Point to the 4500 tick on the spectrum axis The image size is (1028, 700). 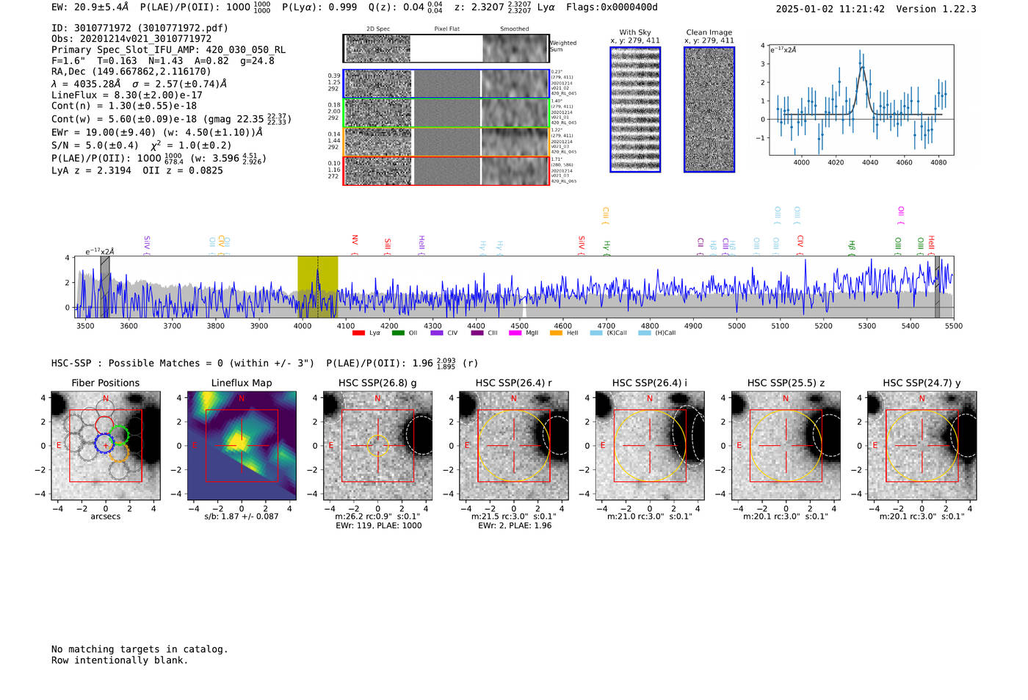tap(519, 326)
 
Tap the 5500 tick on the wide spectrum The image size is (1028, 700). tap(953, 326)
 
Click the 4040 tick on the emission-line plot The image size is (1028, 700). tap(870, 162)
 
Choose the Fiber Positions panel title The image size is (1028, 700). tap(105, 383)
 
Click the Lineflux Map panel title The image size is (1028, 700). tap(242, 383)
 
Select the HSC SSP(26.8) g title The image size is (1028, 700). tap(377, 383)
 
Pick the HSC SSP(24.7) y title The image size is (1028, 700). tap(922, 383)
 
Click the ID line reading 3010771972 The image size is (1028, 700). tap(140, 28)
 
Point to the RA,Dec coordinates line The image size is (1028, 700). tap(131, 71)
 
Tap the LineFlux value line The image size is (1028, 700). tap(126, 95)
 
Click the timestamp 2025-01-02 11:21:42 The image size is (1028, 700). tap(830, 9)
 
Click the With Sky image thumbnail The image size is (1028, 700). tap(635, 109)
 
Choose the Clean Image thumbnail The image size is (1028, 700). tap(709, 109)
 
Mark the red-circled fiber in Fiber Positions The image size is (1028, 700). tap(104, 425)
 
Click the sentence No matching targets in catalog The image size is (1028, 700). tap(140, 649)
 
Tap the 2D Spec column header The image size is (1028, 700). tap(377, 29)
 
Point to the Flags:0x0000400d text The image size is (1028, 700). tap(612, 7)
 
